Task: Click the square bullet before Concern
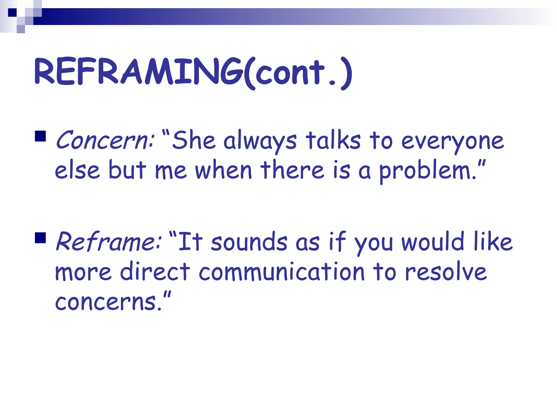(40, 136)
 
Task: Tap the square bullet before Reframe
(40, 237)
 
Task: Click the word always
(260, 142)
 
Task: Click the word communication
(281, 272)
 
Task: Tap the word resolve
(446, 272)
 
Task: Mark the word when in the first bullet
(223, 171)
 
